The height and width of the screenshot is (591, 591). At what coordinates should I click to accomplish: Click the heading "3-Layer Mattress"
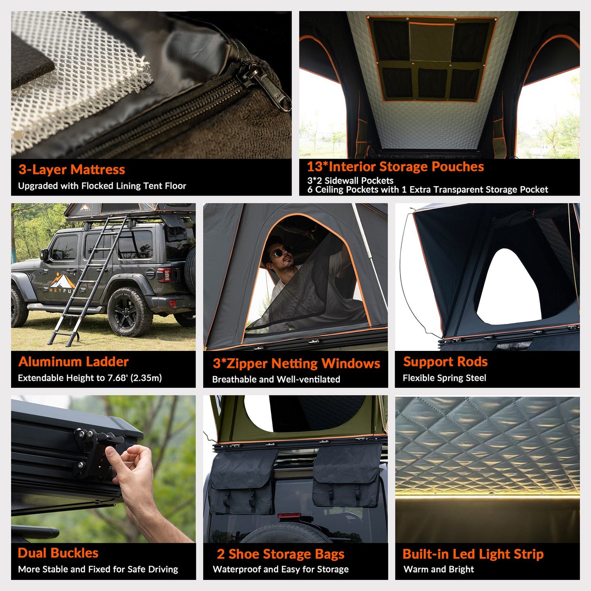point(72,170)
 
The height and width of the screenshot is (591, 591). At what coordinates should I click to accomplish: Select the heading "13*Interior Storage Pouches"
point(395,167)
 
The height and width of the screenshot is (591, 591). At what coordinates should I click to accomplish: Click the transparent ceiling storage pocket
point(431,42)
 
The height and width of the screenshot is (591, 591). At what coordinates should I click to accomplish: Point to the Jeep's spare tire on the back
point(190,270)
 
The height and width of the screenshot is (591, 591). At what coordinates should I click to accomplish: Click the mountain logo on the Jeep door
point(62,281)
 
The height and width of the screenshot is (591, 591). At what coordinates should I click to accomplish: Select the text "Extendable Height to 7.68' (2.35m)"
point(90,378)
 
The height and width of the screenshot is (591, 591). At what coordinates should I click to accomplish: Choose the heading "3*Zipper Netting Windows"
point(296,364)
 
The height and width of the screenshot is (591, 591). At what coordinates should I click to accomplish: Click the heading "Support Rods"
point(445,362)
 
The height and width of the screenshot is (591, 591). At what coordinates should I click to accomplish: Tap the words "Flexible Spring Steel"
point(444,378)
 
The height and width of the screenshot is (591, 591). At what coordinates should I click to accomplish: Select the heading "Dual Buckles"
point(58,553)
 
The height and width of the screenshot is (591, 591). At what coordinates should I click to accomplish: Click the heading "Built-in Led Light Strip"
point(473,554)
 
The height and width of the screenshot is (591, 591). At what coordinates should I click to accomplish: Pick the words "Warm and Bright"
point(438,569)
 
